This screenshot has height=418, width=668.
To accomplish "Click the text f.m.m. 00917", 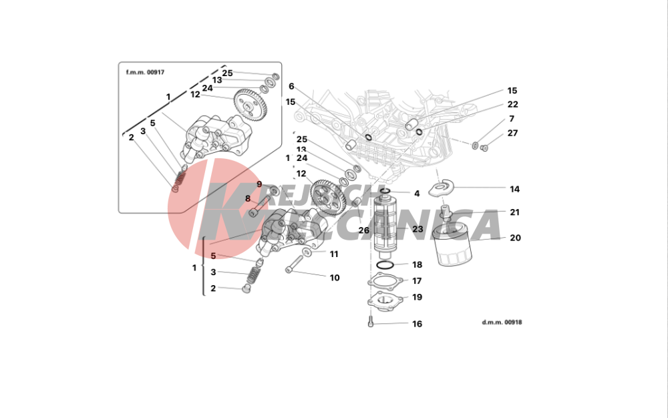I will (145, 72).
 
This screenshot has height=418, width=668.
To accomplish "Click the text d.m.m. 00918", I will (502, 322).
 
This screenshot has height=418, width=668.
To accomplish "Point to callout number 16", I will (417, 324).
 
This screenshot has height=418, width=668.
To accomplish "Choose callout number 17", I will (417, 281).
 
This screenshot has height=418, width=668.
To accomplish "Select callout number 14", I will (514, 189).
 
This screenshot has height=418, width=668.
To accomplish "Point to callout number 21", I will (514, 212).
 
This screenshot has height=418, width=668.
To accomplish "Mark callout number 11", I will (334, 254).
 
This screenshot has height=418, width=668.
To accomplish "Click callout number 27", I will (512, 133).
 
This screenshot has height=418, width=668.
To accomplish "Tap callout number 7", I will (512, 119).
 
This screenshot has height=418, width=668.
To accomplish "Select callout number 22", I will (512, 104).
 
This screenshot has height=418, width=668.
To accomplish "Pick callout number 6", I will (291, 86).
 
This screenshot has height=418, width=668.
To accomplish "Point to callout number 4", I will (417, 194).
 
